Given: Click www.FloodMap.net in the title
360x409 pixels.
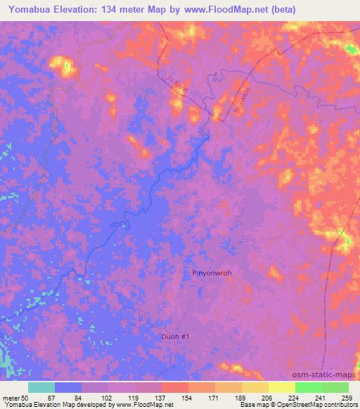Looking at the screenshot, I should coord(226,9).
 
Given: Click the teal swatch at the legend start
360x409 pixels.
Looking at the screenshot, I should coord(41,387).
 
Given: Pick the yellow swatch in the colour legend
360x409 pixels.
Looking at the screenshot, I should coord(281,387).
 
